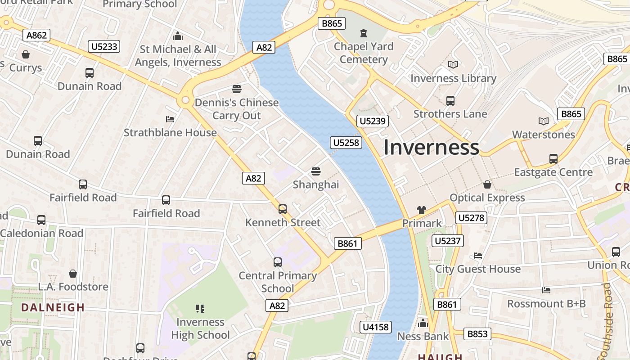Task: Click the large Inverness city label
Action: coord(431,148)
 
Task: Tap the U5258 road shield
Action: coord(346,143)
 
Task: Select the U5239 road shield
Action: coord(373,121)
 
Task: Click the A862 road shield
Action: coord(37,35)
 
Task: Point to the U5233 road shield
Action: coord(104,46)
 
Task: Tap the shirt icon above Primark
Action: coord(422,210)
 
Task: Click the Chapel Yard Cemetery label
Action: coord(364,53)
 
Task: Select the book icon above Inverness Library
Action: coord(453,65)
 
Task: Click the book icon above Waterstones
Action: coord(544,121)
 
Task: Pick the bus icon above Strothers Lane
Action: coord(450,100)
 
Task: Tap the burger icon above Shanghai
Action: coord(316,171)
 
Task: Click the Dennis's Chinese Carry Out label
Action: coord(237,109)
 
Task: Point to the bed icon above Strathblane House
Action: coord(170,119)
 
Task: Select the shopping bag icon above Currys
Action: coord(26,54)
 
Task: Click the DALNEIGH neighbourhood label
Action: coord(53,308)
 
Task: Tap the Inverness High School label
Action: coord(200,328)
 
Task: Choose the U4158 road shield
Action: coord(376,327)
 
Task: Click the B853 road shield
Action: coord(477,334)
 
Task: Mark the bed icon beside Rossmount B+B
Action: coord(546,290)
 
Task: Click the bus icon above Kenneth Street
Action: coord(283,209)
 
